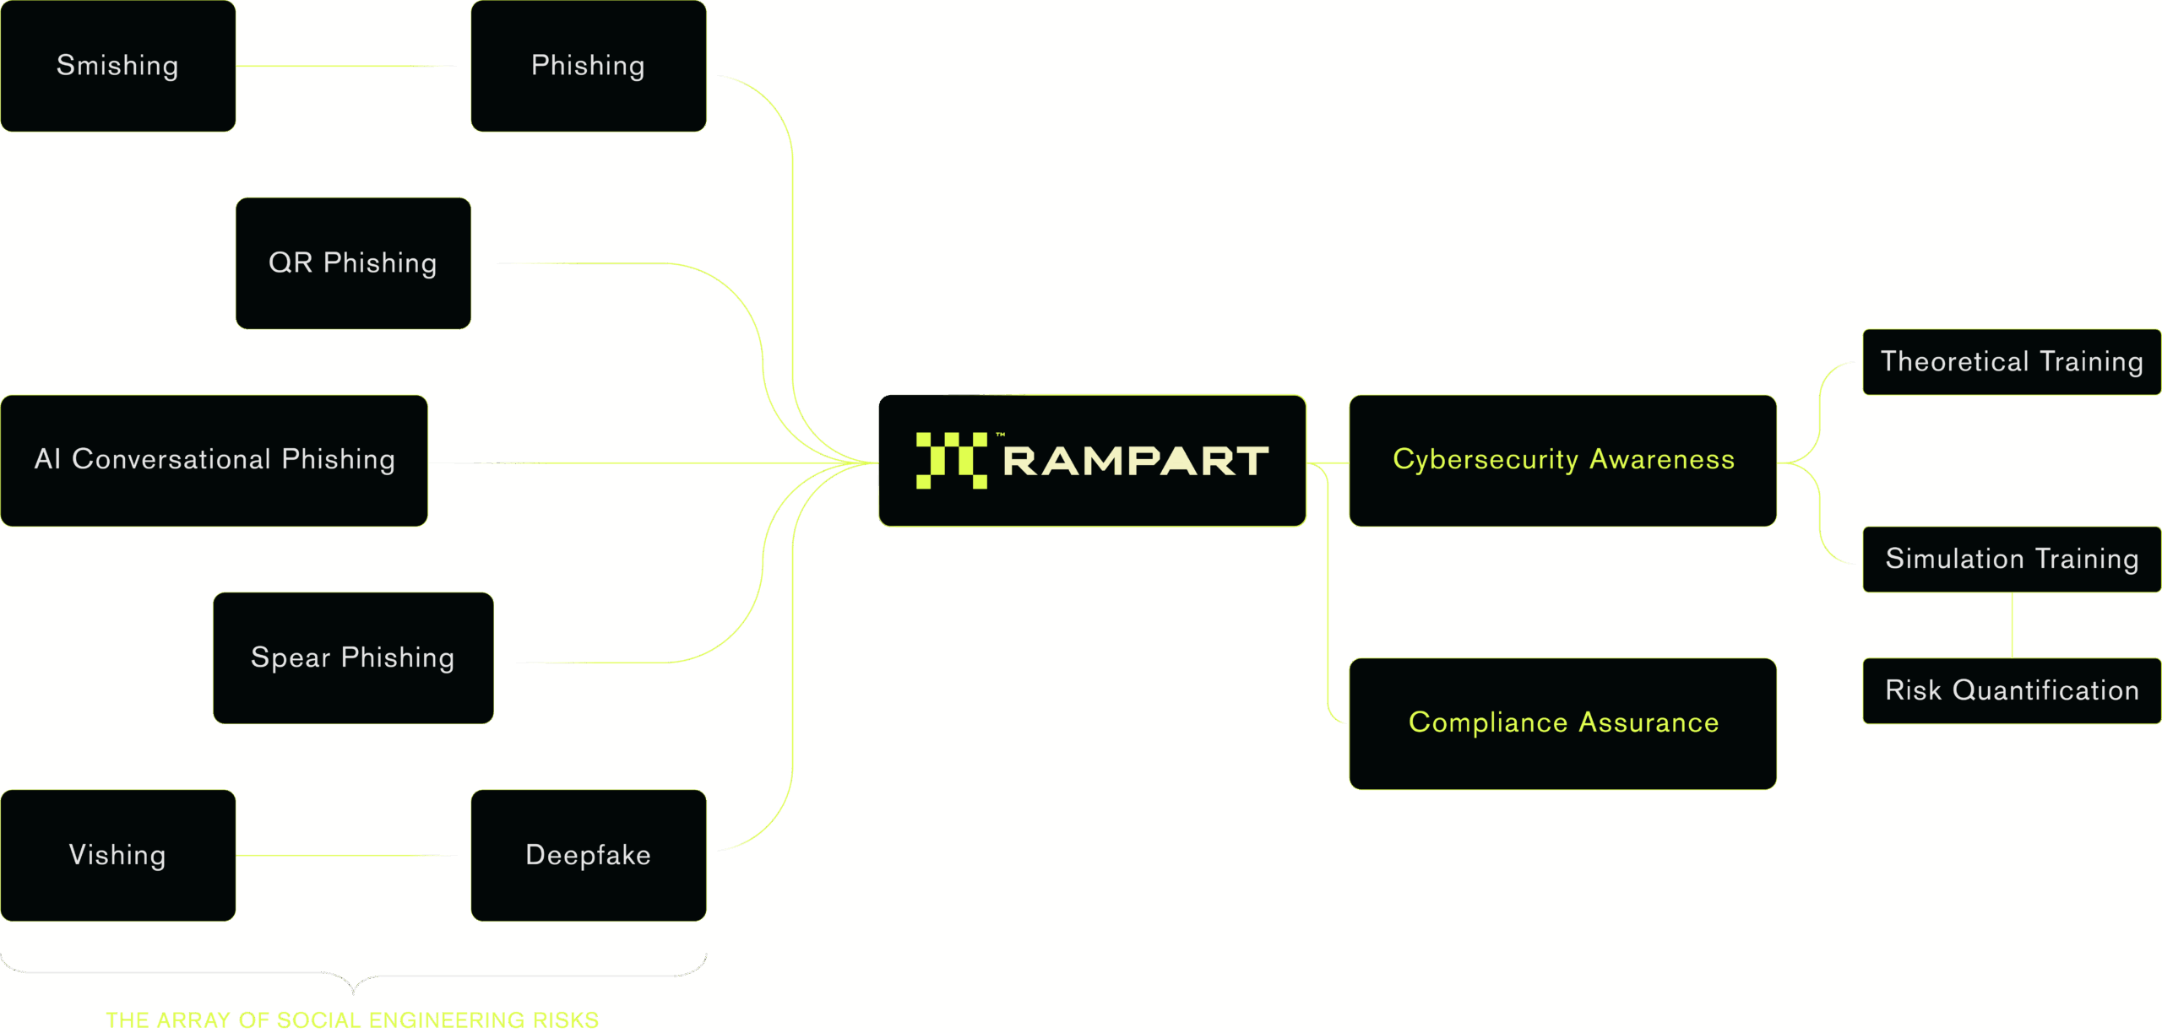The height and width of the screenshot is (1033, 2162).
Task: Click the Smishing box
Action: [x=117, y=66]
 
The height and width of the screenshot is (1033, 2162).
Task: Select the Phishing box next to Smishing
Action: [x=589, y=66]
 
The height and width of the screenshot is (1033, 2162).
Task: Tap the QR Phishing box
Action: [x=353, y=263]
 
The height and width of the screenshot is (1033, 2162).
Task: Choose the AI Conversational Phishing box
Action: [x=214, y=461]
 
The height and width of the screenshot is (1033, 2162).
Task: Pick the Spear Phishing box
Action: [x=353, y=658]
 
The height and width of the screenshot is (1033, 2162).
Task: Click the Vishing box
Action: [x=117, y=856]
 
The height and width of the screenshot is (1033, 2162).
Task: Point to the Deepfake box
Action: [x=589, y=856]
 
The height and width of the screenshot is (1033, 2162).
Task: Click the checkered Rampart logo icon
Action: [x=951, y=461]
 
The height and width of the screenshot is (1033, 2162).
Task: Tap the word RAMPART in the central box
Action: [x=1136, y=462]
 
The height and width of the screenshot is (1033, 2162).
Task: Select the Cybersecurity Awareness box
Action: [x=1562, y=461]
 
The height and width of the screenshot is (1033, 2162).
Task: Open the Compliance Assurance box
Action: [x=1562, y=724]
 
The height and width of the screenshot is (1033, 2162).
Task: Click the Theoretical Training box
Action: [x=2012, y=362]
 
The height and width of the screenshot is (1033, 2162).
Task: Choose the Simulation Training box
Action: [x=2012, y=560]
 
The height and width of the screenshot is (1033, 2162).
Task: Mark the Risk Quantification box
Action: [x=2012, y=691]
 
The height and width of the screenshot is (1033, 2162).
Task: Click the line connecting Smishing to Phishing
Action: [x=346, y=66]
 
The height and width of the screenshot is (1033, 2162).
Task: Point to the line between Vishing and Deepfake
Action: [x=346, y=856]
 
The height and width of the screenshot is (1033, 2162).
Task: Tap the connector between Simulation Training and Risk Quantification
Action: [x=2012, y=625]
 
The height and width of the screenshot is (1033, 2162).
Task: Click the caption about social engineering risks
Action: [x=353, y=1019]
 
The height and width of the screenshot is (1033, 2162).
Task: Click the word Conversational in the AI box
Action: [x=171, y=460]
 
